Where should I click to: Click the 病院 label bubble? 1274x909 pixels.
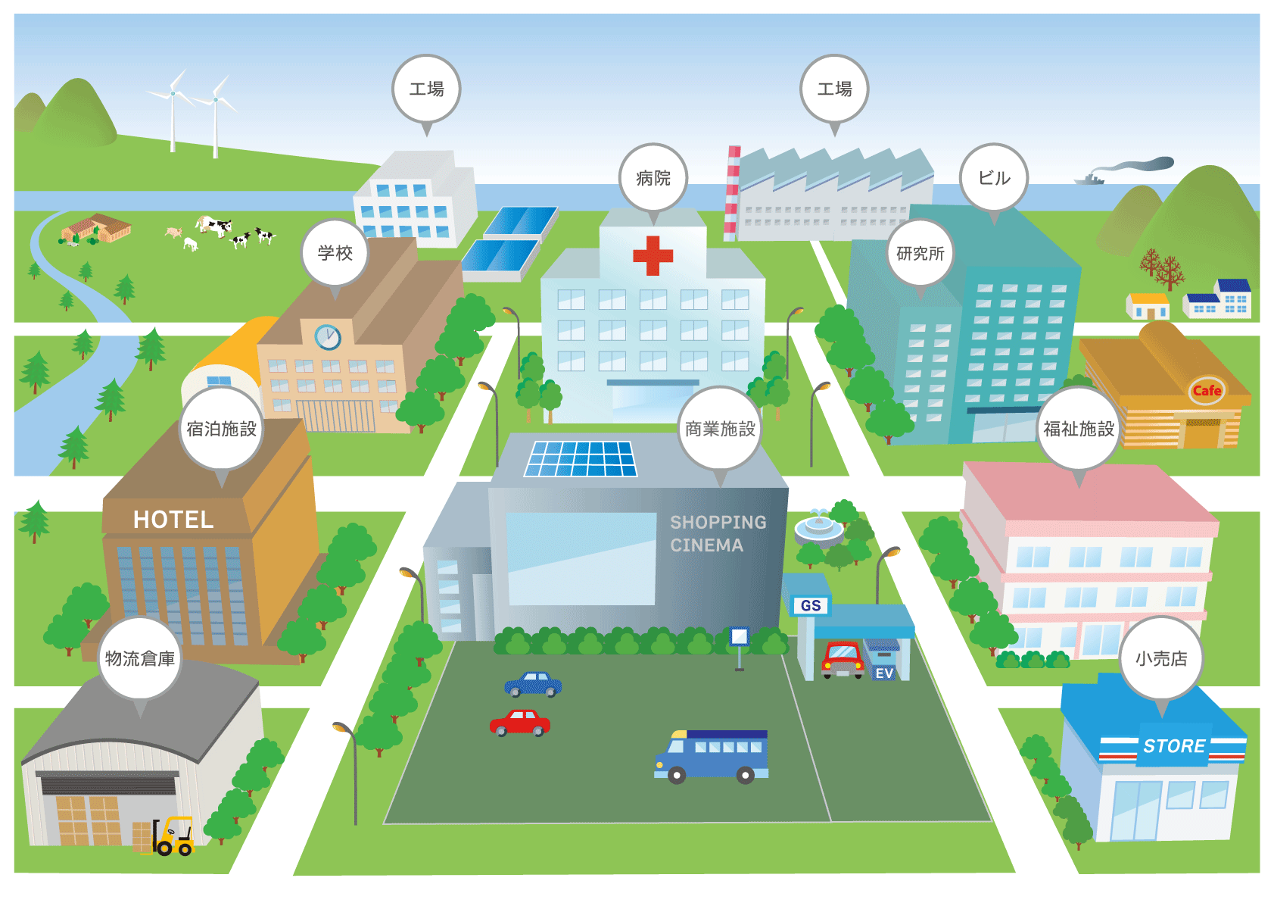coord(653,178)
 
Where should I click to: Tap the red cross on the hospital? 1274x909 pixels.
coord(653,255)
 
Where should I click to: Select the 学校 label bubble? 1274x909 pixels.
coord(335,253)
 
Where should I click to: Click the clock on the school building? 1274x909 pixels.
coord(328,337)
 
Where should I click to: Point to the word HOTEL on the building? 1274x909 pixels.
coord(173,520)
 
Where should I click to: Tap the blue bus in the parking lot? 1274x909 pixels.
coord(712,754)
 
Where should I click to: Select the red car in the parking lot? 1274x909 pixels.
coord(520,723)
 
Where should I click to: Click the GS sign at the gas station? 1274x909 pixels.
coord(810,605)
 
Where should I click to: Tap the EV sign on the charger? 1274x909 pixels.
coord(884,673)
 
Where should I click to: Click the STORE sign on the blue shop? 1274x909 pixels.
coord(1174,746)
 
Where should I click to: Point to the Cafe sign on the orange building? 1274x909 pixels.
coord(1207,391)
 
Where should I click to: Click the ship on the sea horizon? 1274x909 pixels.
coord(1089,180)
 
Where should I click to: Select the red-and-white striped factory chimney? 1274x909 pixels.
coord(732,193)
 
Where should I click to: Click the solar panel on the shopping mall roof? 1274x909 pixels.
coord(581,459)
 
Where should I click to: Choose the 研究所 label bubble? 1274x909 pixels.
coord(920,253)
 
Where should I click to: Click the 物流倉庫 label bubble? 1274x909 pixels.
coord(140,658)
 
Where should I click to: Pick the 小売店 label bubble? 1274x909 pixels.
coord(1160,658)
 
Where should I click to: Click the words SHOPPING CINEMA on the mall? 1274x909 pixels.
coord(717,533)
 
